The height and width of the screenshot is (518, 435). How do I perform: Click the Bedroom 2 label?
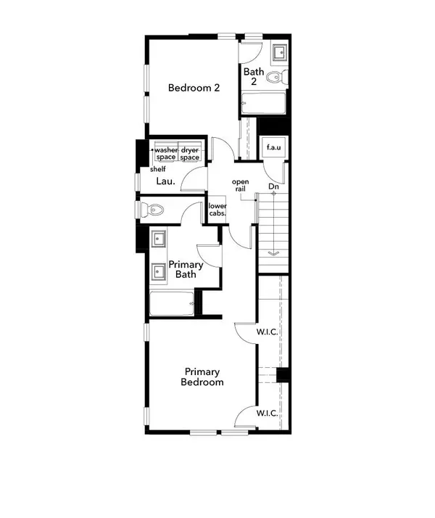click(x=194, y=88)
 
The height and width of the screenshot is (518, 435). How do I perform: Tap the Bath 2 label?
click(x=253, y=77)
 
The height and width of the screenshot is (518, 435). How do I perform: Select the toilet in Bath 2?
click(x=275, y=78)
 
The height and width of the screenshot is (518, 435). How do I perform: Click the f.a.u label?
click(x=274, y=148)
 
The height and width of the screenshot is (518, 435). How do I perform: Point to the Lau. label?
click(x=164, y=184)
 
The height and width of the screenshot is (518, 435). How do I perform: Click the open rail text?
click(x=240, y=185)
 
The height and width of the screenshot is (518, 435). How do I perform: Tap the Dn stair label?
click(x=274, y=186)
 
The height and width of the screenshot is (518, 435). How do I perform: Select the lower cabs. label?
click(x=217, y=210)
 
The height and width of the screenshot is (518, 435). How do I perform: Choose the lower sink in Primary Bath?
click(x=158, y=272)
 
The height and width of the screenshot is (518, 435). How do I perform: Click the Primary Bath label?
click(x=185, y=270)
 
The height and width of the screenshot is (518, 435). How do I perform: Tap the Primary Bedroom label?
click(x=202, y=376)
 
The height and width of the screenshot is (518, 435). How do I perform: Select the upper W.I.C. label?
click(x=268, y=332)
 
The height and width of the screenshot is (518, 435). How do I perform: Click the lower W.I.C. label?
click(x=268, y=413)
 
